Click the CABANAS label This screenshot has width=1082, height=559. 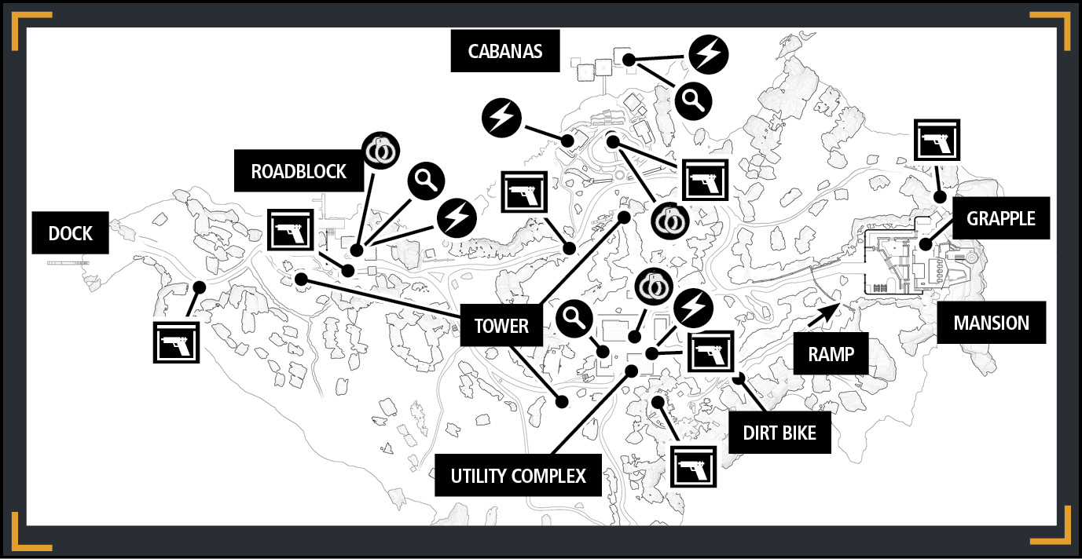click(505, 51)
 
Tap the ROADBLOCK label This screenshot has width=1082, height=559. click(299, 171)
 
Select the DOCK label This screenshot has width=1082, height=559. click(71, 233)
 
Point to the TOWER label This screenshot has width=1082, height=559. click(501, 325)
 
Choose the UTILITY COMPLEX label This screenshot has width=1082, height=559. click(519, 476)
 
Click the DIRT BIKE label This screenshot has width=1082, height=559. click(779, 433)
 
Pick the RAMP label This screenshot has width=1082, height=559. click(831, 354)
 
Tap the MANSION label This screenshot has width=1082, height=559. click(991, 323)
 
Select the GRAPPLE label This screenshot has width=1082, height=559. click(1001, 218)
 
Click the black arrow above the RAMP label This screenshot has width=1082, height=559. click(824, 316)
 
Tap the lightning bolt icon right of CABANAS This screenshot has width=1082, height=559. click(709, 54)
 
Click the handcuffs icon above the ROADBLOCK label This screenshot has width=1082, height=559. click(381, 151)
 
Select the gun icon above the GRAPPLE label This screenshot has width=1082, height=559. click(937, 140)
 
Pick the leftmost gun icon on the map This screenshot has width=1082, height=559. click(176, 342)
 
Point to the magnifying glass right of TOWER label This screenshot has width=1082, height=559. click(574, 319)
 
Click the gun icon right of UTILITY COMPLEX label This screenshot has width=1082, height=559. click(693, 466)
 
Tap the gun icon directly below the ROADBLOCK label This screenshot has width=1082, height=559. click(290, 230)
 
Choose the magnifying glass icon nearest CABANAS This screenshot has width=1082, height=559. click(693, 101)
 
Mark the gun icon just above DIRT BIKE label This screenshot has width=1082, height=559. click(711, 352)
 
